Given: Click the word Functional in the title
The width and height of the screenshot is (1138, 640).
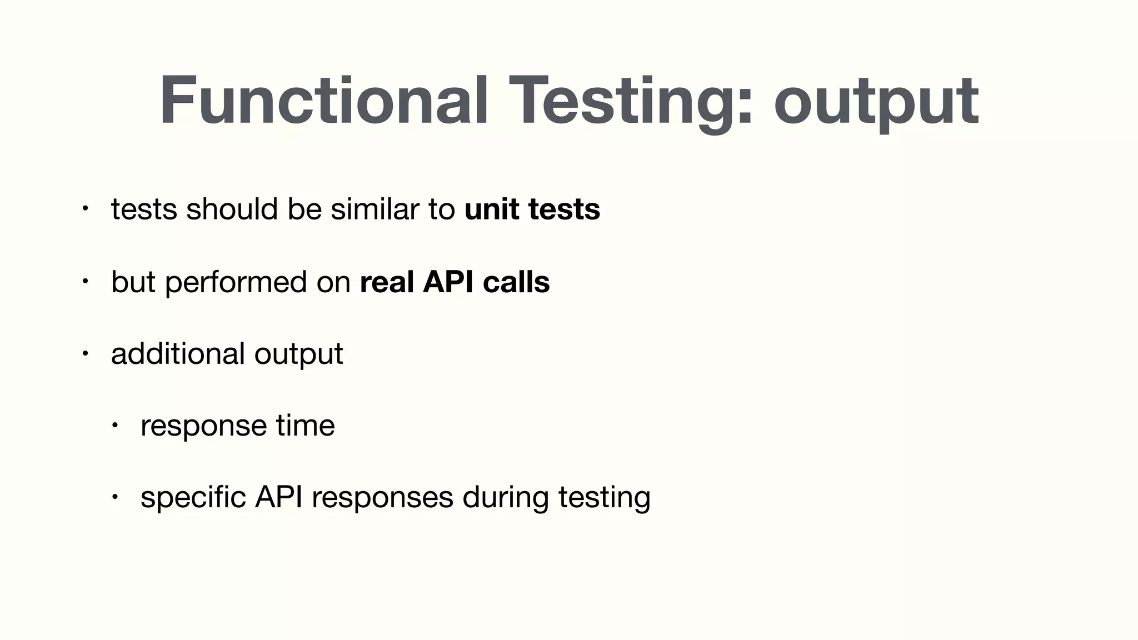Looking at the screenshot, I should (324, 101).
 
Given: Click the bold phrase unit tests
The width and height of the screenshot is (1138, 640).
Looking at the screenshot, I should (532, 209).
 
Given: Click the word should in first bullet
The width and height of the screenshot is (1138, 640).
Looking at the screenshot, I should (232, 209).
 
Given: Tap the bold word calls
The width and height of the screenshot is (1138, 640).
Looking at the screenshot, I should (516, 282).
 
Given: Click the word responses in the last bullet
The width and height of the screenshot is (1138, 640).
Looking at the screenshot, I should (382, 498).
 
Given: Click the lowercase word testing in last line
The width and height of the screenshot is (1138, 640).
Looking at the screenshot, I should (604, 497).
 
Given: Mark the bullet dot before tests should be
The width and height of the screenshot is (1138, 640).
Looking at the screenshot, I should (84, 209).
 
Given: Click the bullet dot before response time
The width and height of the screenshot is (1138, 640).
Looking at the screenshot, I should (114, 426).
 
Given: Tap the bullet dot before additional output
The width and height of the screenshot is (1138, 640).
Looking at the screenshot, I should (84, 353).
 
